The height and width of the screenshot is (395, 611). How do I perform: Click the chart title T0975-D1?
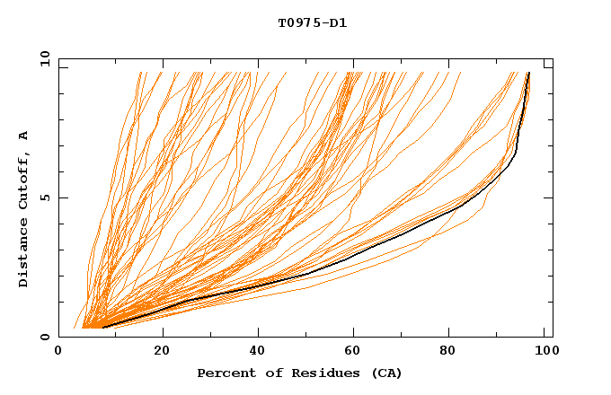[x=312, y=23]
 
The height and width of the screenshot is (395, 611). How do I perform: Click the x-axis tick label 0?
[x=58, y=352]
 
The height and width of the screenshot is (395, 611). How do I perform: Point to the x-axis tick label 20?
[x=161, y=352]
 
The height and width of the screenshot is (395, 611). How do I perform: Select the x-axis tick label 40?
[x=258, y=352]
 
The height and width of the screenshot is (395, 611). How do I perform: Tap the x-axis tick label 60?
[x=355, y=352]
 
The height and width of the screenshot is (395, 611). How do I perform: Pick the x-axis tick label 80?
[x=452, y=352]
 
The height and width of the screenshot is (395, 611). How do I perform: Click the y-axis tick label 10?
[x=44, y=58]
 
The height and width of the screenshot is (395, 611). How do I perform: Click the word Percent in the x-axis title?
[x=222, y=373]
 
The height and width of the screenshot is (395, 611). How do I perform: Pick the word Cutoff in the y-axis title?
[x=24, y=180]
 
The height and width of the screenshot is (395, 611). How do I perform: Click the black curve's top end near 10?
[x=529, y=73]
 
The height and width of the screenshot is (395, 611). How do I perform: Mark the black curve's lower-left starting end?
[x=103, y=327]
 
